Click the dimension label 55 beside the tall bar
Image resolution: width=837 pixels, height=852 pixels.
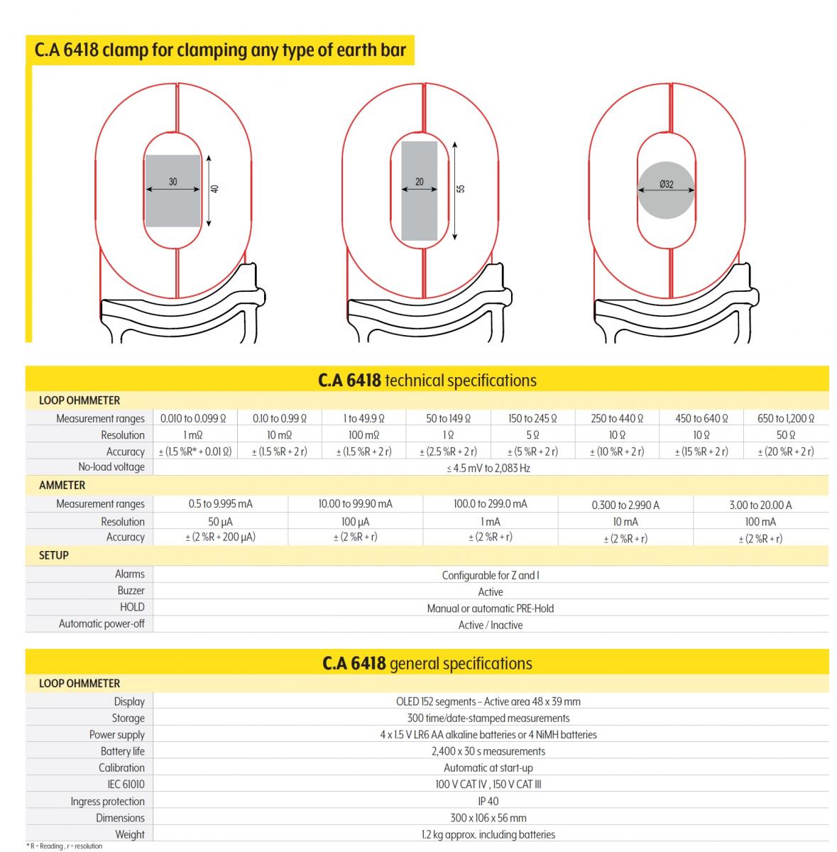461,189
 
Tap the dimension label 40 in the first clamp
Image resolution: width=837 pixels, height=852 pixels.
215,189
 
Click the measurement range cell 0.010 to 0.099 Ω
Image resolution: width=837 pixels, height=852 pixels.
194,418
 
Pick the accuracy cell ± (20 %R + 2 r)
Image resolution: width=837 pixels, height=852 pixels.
786,452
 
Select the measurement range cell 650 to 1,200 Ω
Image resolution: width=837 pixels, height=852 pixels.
786,418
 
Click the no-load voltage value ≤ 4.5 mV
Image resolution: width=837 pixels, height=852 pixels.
490,468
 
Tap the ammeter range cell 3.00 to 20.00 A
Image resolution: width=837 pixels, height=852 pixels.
760,505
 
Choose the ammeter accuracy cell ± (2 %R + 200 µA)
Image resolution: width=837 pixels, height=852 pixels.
220,537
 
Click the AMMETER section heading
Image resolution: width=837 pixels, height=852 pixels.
62,486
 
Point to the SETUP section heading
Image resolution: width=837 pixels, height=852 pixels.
54,555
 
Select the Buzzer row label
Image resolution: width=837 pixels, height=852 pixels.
131,591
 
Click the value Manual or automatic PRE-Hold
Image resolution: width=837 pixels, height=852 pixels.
490,608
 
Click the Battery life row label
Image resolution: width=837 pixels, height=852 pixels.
122,751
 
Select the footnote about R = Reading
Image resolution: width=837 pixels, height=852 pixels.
65,846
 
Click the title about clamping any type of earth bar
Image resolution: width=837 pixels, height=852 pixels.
220,50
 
